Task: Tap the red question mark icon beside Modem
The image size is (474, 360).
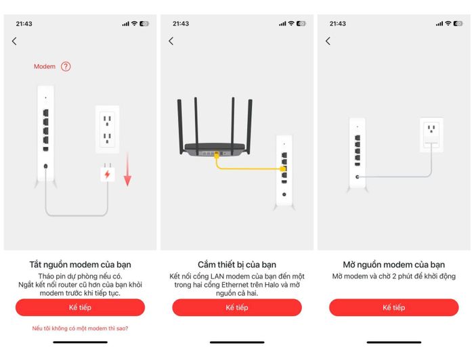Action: pyautogui.click(x=66, y=66)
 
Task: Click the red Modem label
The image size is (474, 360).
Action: pyautogui.click(x=45, y=66)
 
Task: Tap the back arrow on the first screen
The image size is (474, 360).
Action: pyautogui.click(x=14, y=41)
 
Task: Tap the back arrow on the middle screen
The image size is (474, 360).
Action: pyautogui.click(x=171, y=41)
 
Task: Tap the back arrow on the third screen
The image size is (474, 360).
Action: pyautogui.click(x=328, y=41)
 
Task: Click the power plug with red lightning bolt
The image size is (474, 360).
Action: pyautogui.click(x=107, y=173)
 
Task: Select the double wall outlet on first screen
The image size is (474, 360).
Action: pyautogui.click(x=107, y=129)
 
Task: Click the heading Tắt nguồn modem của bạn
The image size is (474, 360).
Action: pyautogui.click(x=80, y=265)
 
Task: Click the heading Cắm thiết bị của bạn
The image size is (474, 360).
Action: pyautogui.click(x=237, y=265)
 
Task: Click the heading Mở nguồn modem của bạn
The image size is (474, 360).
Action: pyautogui.click(x=394, y=265)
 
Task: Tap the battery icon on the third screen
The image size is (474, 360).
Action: pyautogui.click(x=458, y=24)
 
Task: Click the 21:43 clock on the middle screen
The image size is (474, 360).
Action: pyautogui.click(x=181, y=24)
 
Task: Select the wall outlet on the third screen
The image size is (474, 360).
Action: pyautogui.click(x=431, y=135)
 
